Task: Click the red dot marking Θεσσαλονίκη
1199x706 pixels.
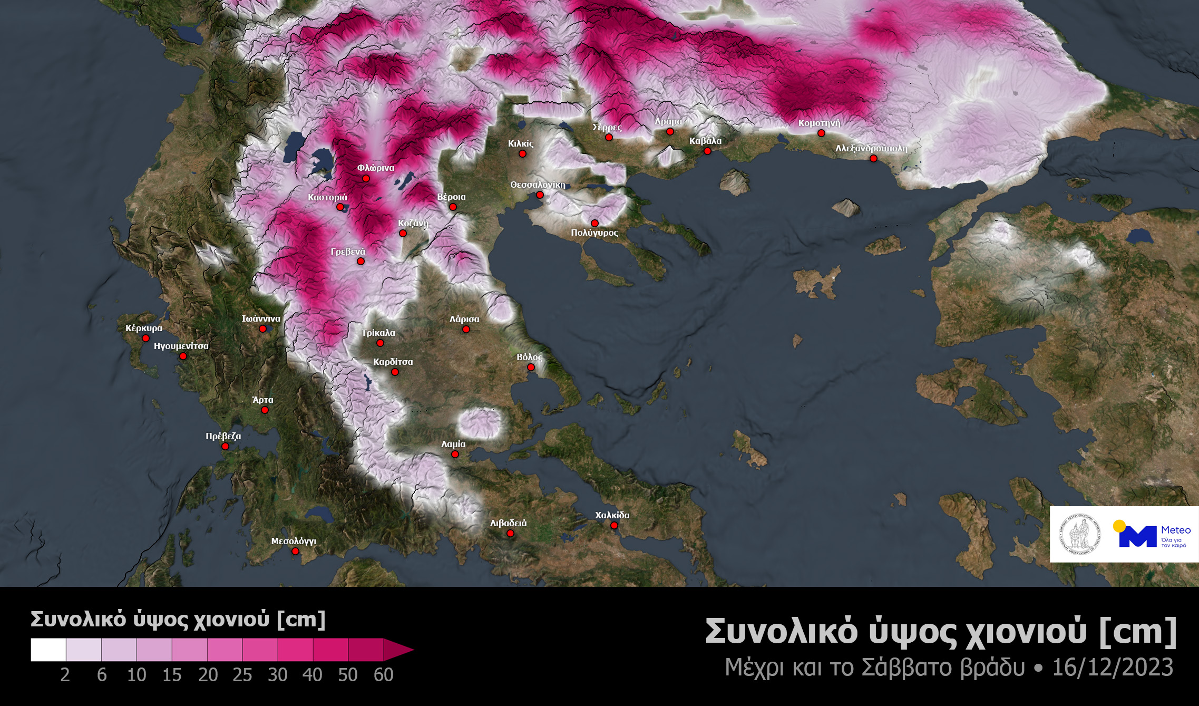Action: click(x=540, y=195)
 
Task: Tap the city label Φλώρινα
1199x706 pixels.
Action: click(x=375, y=168)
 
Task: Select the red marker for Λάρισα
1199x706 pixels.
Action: click(x=466, y=330)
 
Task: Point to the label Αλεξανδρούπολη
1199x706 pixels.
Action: click(x=871, y=148)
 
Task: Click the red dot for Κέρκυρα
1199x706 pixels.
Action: click(x=145, y=339)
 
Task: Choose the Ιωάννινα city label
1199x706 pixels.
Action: click(x=261, y=318)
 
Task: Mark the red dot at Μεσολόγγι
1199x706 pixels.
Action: click(x=295, y=552)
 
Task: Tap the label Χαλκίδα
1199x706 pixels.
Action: click(x=612, y=515)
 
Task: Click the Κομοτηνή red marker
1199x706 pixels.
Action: click(x=821, y=133)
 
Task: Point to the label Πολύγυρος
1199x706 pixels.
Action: click(x=594, y=233)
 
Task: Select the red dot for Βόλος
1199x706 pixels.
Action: click(x=531, y=367)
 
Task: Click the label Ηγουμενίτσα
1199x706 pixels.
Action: click(x=181, y=346)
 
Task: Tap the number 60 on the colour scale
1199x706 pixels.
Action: click(x=383, y=675)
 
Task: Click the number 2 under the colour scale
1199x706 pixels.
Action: click(x=65, y=675)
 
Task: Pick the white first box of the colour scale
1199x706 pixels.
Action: click(x=48, y=650)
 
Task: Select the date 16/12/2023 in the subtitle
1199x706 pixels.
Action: click(x=1113, y=668)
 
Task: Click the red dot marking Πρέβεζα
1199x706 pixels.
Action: click(x=225, y=447)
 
